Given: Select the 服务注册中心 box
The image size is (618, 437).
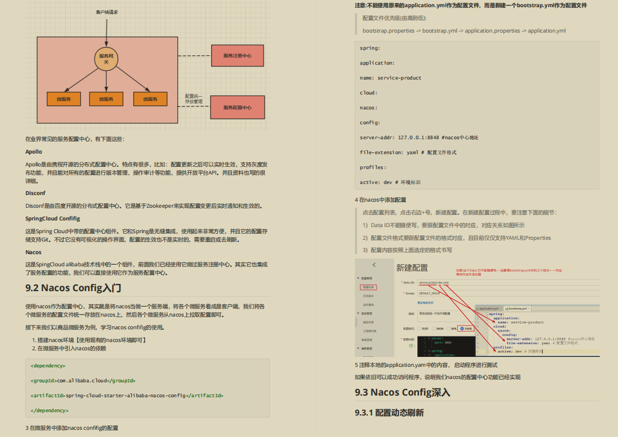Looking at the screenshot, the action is pos(238,56).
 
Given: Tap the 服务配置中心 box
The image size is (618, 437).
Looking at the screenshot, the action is pos(238,108).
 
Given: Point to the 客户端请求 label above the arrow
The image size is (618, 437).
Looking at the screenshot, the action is pos(107,12).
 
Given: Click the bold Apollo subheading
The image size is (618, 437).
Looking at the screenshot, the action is pos(34,151).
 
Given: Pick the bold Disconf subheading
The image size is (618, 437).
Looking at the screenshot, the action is pos(35,193).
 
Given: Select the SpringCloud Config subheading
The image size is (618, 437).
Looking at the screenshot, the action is pos(53,218).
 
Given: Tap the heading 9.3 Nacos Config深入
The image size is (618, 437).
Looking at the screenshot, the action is pos(402,392).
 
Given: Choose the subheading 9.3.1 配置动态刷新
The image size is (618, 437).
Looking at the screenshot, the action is pos(389,413).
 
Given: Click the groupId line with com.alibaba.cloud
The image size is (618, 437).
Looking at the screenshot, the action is pos(83,381).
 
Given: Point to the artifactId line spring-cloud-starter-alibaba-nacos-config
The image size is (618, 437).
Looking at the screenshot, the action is pos(127,396).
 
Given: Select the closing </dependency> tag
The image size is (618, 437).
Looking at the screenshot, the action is pos(50,410).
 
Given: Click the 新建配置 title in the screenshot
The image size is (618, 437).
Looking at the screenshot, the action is pos(412,268).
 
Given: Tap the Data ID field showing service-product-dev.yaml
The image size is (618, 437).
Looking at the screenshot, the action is pos(434,282).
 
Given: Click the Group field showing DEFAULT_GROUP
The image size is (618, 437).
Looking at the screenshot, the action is pos(430,293).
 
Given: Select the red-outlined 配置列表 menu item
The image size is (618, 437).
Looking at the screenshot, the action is pos(368,287).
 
